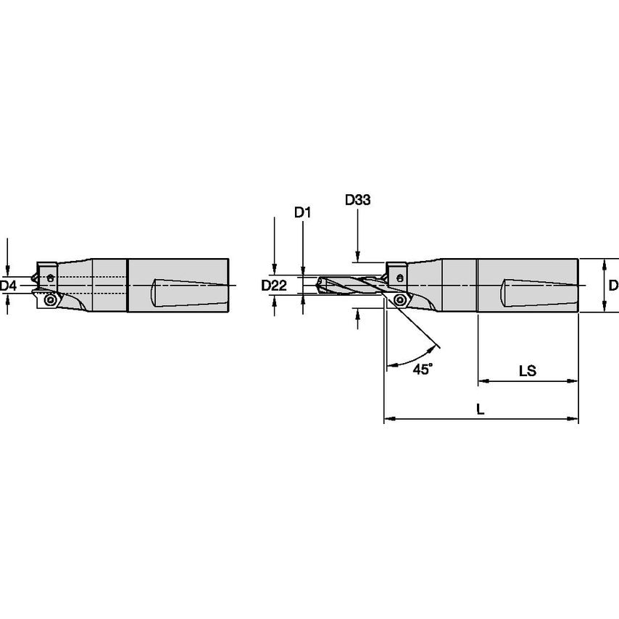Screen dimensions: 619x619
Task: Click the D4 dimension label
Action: (8, 286)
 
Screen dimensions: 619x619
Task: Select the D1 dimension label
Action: (302, 212)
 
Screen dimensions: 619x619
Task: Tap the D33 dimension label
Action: (357, 200)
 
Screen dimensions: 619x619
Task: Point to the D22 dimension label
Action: (274, 286)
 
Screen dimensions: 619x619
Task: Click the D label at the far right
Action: (613, 286)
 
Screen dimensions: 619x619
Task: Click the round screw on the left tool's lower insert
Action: (49, 299)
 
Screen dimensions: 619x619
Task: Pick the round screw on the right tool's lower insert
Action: (399, 299)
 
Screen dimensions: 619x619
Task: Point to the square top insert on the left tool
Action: (48, 275)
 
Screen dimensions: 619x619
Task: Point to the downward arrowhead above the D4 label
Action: (7, 267)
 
